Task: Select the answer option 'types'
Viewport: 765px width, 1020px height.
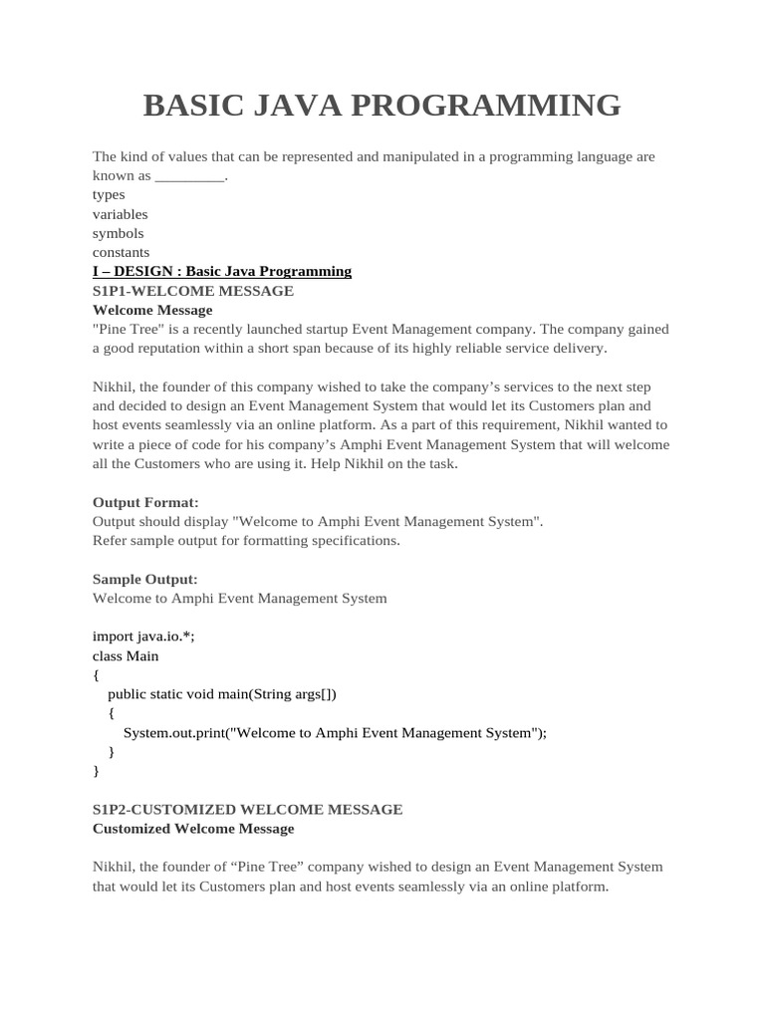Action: click(x=109, y=195)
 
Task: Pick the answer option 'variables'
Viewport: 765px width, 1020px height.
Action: click(x=120, y=214)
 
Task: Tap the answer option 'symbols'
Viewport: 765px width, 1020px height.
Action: click(x=118, y=233)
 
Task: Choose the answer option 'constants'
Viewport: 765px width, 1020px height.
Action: click(x=121, y=252)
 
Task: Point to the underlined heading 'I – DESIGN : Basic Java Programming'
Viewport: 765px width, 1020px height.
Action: click(x=222, y=271)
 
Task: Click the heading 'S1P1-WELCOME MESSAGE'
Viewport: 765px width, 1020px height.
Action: click(x=193, y=291)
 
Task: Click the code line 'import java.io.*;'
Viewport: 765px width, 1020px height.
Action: click(x=143, y=637)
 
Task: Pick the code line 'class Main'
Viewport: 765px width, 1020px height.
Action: click(x=126, y=655)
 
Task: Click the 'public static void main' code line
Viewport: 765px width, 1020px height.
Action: click(x=229, y=694)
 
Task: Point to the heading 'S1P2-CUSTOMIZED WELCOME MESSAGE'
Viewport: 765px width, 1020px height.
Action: click(x=248, y=810)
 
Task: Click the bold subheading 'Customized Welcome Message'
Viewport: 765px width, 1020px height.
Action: click(x=193, y=829)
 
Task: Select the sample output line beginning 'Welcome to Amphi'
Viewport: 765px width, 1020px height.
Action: click(x=239, y=599)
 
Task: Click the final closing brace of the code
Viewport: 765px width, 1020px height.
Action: click(x=96, y=771)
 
